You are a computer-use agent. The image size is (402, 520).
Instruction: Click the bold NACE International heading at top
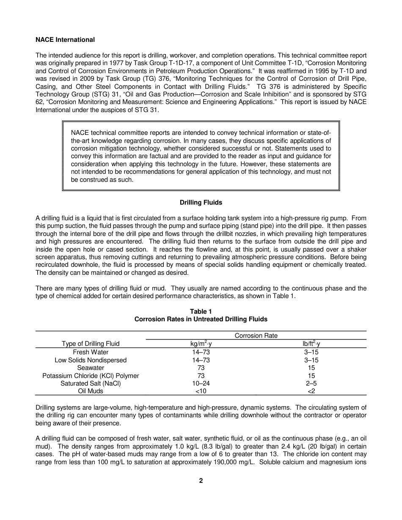point(65,40)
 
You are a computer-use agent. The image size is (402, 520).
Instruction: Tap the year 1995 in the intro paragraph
point(304,71)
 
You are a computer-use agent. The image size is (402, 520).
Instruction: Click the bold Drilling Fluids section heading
point(201,203)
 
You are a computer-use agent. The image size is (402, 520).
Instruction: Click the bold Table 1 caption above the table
point(201,312)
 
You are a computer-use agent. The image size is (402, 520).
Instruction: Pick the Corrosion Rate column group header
point(256,336)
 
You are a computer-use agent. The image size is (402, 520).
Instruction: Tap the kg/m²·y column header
point(201,344)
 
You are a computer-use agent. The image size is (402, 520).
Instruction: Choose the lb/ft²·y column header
point(311,344)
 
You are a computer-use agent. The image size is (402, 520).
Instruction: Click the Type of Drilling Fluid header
point(91,344)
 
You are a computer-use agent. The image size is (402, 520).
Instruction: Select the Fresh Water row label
point(91,352)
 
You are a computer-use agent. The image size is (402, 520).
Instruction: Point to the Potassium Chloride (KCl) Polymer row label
point(91,376)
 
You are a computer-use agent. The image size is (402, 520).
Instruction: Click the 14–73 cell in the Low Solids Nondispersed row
point(201,360)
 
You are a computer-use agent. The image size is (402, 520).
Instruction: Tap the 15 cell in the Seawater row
point(311,368)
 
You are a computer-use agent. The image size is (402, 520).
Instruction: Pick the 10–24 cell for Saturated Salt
point(201,383)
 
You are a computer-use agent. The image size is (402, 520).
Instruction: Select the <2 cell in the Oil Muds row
point(311,391)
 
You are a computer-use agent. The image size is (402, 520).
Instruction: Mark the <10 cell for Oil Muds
point(201,391)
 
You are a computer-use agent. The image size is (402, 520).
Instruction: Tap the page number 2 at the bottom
point(201,481)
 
